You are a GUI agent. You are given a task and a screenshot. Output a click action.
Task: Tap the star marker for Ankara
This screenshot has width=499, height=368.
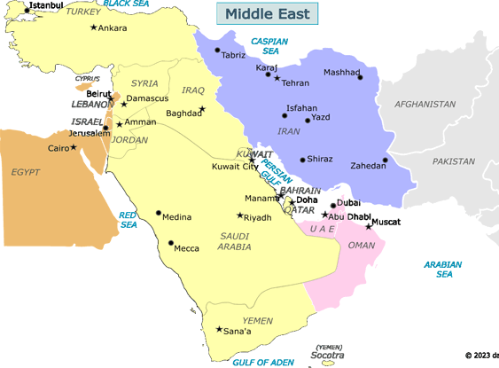(x=94, y=27)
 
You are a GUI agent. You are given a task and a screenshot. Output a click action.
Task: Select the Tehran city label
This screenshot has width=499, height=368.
(x=296, y=82)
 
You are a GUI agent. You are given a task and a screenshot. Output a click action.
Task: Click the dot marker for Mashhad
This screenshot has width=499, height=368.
(x=360, y=77)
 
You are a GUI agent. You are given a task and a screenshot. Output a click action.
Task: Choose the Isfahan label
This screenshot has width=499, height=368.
(x=301, y=108)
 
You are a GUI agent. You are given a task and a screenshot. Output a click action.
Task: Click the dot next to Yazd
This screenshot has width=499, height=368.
(x=308, y=119)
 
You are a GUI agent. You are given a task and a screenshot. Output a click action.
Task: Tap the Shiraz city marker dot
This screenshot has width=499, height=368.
(x=302, y=160)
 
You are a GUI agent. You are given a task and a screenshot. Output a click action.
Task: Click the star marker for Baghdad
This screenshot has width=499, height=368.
(x=202, y=108)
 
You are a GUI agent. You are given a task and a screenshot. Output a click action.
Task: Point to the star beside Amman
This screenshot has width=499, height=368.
(x=119, y=123)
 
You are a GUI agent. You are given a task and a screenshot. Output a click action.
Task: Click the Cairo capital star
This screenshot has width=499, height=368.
(x=74, y=147)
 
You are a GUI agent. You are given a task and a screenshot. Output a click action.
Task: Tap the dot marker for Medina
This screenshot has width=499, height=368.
(x=159, y=213)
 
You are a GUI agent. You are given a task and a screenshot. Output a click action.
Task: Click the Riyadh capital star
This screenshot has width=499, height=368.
(x=238, y=215)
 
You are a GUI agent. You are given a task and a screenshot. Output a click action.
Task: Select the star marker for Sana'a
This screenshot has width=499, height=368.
(x=219, y=330)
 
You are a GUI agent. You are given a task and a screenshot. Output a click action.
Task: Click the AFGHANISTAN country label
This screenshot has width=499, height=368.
(x=424, y=104)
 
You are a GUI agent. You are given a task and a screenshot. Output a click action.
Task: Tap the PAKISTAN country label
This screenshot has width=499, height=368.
(x=454, y=162)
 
